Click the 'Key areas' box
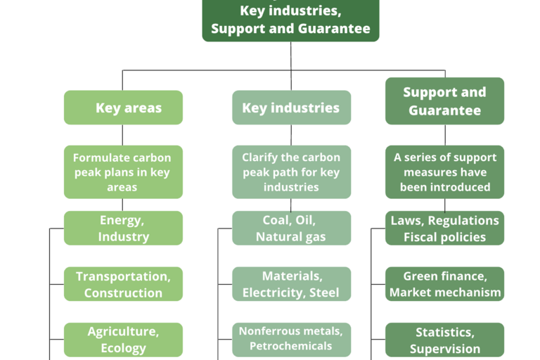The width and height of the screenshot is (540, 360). tap(123, 108)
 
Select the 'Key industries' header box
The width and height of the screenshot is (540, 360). tap(291, 108)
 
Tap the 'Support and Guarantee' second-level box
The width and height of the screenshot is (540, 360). tap(444, 101)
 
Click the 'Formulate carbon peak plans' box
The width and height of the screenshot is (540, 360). tap(123, 172)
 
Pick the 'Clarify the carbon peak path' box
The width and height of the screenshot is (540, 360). tap(291, 172)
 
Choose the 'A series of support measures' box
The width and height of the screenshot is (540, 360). tap(444, 172)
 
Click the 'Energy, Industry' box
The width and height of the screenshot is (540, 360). tap(123, 228)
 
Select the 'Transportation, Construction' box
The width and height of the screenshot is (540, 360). tap(123, 284)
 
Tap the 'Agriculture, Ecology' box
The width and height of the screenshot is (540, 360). tap(123, 340)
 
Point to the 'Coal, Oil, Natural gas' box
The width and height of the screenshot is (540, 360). tap(291, 228)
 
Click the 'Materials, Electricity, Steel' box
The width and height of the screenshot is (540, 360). tap(291, 284)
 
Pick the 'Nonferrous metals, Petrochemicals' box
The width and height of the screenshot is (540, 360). tap(291, 340)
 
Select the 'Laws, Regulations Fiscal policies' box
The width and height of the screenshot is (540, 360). tap(444, 228)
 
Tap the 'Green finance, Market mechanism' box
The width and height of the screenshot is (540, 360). tap(444, 284)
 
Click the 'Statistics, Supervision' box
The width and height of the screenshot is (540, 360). tap(444, 340)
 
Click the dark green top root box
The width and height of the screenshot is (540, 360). tap(290, 20)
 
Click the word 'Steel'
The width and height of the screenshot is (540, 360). tap(324, 292)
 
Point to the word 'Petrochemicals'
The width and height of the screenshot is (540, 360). tap(290, 346)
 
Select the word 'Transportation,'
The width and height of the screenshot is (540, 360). tap(123, 276)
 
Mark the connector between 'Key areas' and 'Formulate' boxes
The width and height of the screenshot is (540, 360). tap(122, 135)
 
